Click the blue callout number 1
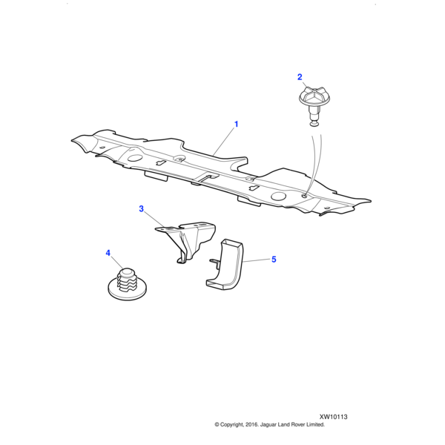(x=236, y=125)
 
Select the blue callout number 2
(x=300, y=77)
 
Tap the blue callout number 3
(x=142, y=209)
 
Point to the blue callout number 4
(x=108, y=253)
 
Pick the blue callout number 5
(x=274, y=260)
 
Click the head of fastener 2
(x=314, y=97)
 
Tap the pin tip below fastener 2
(x=313, y=123)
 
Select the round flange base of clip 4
(x=128, y=291)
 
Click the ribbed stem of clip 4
(x=126, y=280)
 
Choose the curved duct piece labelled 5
(x=225, y=266)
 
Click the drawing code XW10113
(x=333, y=417)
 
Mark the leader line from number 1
(x=225, y=142)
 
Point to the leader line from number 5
(x=256, y=260)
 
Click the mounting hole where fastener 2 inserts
(x=305, y=196)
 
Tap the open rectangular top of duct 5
(x=233, y=242)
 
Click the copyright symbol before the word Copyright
(x=217, y=425)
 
